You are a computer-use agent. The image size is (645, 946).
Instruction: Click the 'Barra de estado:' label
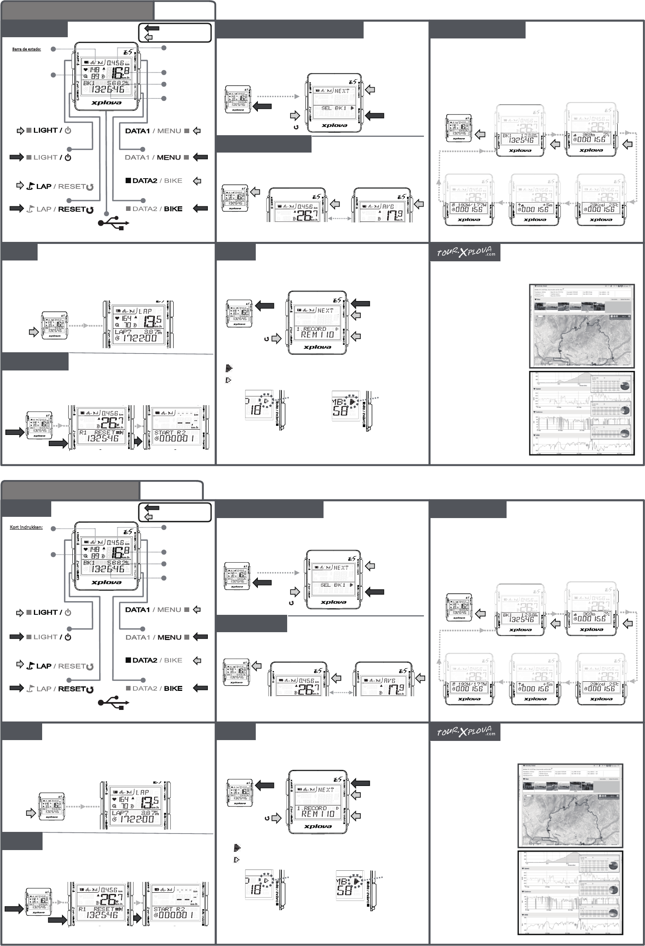[x=26, y=49]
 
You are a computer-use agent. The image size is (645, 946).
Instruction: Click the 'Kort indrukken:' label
[x=26, y=528]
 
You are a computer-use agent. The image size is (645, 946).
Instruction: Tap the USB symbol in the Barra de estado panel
[x=113, y=223]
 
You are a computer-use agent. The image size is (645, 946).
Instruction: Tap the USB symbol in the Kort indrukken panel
[x=113, y=702]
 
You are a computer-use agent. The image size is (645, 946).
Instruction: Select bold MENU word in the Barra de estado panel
[x=169, y=158]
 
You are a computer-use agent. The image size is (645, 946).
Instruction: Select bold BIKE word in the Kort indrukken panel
[x=173, y=688]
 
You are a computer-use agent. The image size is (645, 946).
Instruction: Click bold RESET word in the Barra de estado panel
[x=71, y=209]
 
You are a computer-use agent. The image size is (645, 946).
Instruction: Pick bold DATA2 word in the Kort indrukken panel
[x=145, y=660]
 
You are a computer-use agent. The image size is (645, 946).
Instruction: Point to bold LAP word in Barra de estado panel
[x=44, y=186]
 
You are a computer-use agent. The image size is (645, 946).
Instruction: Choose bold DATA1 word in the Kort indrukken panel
[x=137, y=610]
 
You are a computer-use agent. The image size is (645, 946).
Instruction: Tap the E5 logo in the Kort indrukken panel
[x=128, y=532]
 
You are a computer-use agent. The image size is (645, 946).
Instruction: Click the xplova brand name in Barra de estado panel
[x=106, y=103]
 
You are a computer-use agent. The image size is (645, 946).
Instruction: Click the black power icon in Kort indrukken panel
[x=68, y=637]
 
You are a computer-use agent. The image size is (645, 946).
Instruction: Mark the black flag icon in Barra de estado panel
[x=30, y=186]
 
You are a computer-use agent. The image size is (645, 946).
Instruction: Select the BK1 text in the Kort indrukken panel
[x=89, y=563]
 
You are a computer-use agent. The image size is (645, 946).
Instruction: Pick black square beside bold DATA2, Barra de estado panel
[x=128, y=181]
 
